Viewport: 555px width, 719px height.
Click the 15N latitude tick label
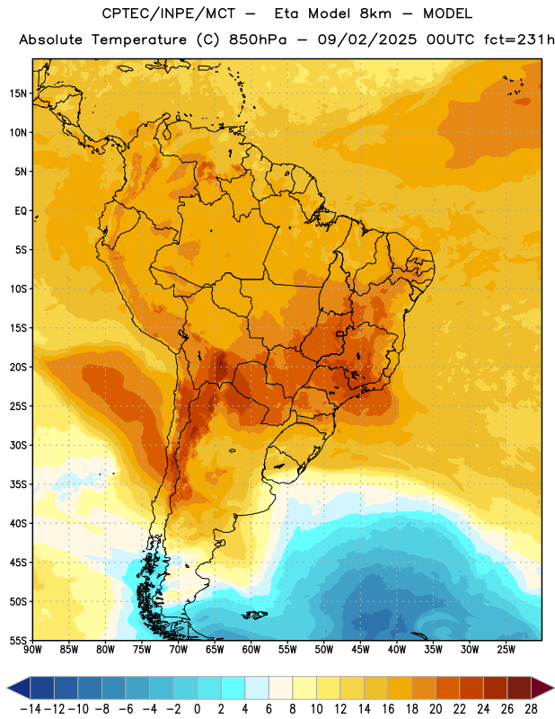click(x=18, y=93)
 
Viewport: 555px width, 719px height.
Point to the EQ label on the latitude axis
click(x=21, y=211)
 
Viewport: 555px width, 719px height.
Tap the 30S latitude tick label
click(x=18, y=445)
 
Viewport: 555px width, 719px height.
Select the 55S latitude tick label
click(x=18, y=640)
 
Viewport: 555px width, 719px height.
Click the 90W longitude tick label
click(x=32, y=650)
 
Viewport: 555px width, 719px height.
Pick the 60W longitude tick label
click(x=251, y=650)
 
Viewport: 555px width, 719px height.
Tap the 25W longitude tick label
click(x=506, y=650)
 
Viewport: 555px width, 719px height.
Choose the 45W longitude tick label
click(x=360, y=650)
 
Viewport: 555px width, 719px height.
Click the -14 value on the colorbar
click(x=31, y=709)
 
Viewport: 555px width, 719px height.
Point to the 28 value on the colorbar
click(x=531, y=709)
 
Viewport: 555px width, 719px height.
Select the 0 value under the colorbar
click(x=198, y=709)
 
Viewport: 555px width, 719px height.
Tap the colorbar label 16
click(x=388, y=709)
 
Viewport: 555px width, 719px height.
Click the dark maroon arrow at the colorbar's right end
click(x=542, y=688)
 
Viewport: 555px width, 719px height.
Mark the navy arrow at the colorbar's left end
click(x=19, y=688)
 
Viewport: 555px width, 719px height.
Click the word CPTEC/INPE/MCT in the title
click(x=168, y=13)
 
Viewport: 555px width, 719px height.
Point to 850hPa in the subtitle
click(x=258, y=40)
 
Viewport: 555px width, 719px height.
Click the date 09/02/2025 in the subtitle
click(x=367, y=40)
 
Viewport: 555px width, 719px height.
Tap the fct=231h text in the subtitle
click(x=519, y=40)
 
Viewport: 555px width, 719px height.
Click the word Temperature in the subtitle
click(x=138, y=40)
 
